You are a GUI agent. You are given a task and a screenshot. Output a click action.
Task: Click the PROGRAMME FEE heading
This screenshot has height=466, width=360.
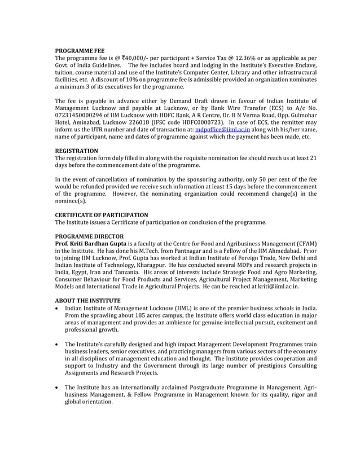pos(79,51)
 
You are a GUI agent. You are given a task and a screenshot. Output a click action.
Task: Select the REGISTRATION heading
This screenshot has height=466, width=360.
pos(76,151)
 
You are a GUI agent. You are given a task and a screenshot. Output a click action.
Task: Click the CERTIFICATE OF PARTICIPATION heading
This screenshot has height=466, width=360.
pos(101,216)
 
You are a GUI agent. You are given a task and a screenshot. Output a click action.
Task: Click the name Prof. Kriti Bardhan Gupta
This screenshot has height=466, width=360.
pos(90,244)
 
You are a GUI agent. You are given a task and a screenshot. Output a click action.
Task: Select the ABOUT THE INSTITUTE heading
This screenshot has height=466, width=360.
pos(87,301)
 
